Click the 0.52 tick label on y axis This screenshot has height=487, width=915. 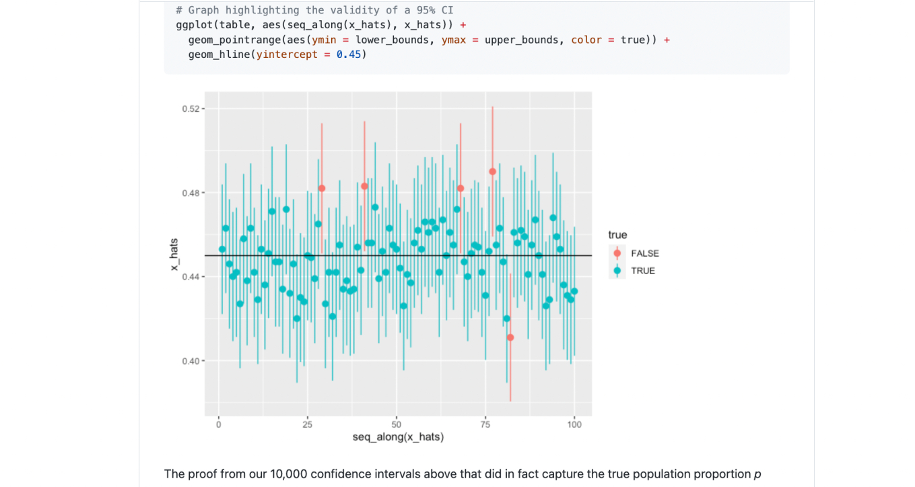tap(190, 109)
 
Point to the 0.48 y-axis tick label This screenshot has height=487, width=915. tap(190, 193)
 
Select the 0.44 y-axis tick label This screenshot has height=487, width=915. tap(190, 277)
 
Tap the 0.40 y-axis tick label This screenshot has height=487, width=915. tap(190, 361)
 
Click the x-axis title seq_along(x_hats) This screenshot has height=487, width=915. tap(398, 438)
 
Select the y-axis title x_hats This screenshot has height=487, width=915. tap(174, 255)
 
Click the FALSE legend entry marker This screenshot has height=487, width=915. tap(617, 253)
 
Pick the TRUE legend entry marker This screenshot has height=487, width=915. tap(617, 271)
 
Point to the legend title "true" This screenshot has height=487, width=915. tap(617, 235)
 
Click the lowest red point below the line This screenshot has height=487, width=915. tap(510, 337)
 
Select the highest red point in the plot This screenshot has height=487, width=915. tap(492, 171)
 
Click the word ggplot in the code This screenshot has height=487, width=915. tap(191, 25)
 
